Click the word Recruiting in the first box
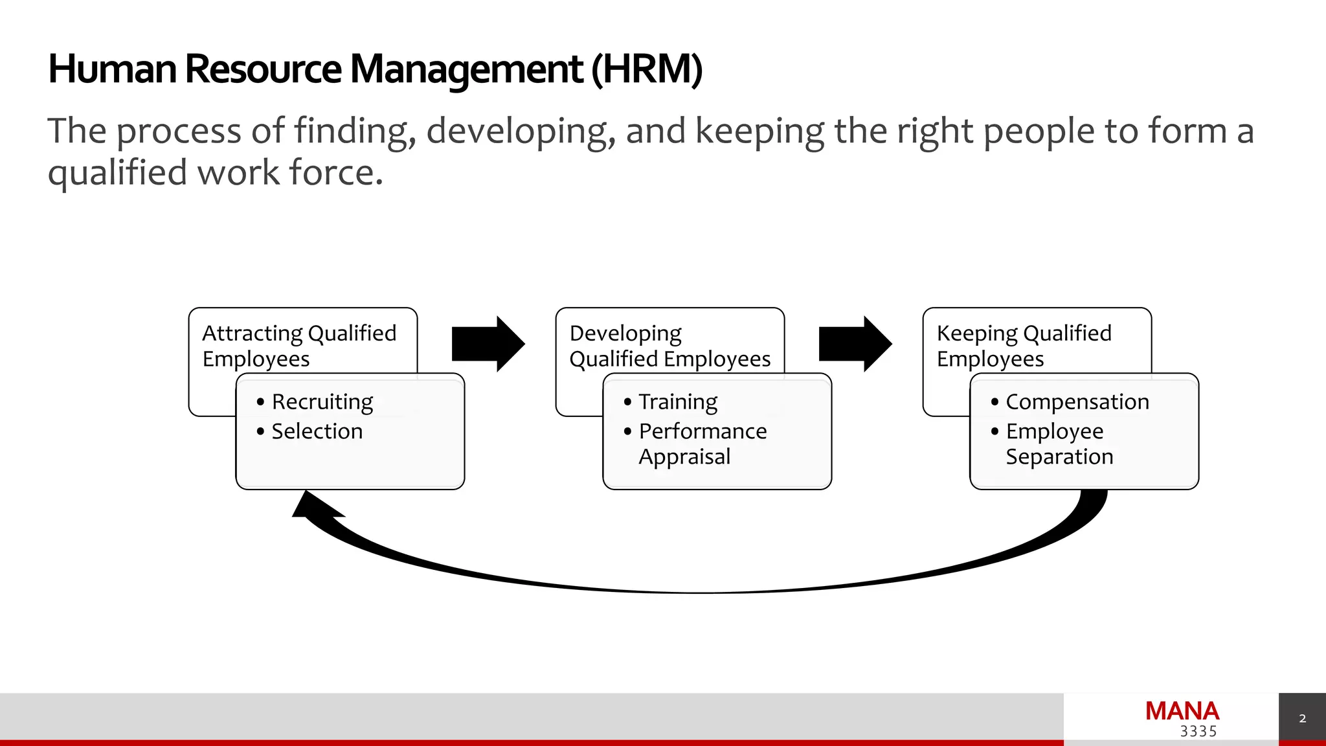coord(322,402)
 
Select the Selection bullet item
coord(317,431)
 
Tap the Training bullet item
coord(678,402)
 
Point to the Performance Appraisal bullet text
coord(702,444)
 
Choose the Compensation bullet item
coord(1077,402)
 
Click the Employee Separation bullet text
coord(1059,444)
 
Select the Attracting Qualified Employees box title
coord(299,346)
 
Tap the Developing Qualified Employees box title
coord(669,346)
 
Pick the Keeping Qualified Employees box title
coord(1024,346)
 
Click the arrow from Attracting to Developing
coord(488,344)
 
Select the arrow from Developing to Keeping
coord(855,344)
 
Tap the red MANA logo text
coord(1182,711)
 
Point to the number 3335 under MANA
coord(1198,732)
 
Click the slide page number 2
coord(1303,719)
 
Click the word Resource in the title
coord(263,69)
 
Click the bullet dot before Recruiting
coord(260,402)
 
